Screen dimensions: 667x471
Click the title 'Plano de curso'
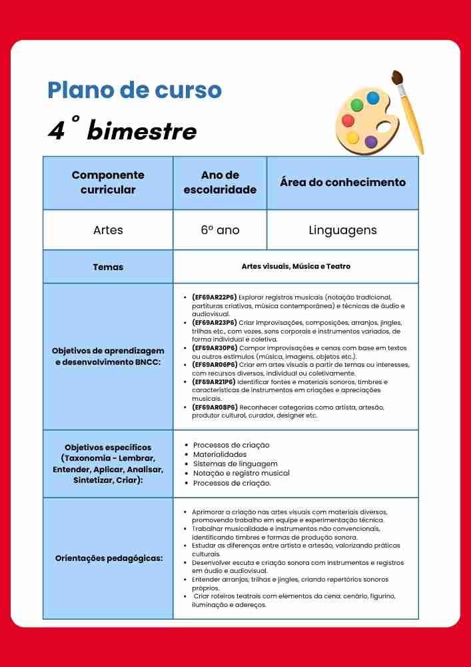coord(135,90)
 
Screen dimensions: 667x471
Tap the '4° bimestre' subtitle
coord(122,131)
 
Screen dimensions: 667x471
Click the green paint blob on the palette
coord(357,105)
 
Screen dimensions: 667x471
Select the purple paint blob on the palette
coord(371,141)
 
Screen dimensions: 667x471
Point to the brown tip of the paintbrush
coord(398,78)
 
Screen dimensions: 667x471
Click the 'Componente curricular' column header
coord(108,182)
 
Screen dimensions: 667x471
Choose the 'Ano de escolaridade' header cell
coord(220,182)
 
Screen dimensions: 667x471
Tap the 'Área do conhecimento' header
coord(342,182)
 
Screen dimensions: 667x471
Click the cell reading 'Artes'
coord(108,230)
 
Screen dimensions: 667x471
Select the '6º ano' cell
coord(220,230)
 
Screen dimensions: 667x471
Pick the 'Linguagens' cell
coord(342,230)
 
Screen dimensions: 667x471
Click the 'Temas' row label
coord(108,267)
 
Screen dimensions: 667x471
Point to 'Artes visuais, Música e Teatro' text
coord(296,267)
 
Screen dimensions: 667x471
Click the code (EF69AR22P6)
coord(214,297)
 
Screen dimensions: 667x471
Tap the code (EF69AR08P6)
coord(214,407)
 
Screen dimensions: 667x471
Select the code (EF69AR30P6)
coord(214,348)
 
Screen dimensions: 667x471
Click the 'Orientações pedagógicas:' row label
coord(109,558)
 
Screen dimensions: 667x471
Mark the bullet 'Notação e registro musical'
coord(241,473)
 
